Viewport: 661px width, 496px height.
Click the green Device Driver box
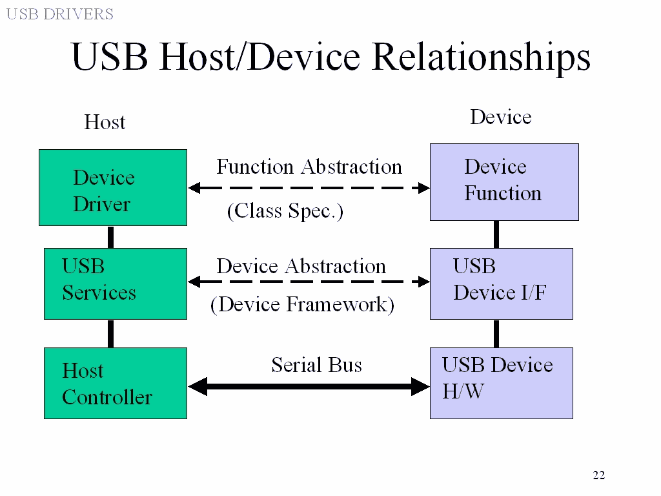[113, 187]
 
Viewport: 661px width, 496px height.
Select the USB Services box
[115, 284]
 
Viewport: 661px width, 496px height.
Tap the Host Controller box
[115, 383]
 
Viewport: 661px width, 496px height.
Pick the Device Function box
[504, 181]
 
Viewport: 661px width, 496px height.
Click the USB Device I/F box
[501, 284]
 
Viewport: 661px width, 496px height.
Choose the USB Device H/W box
[501, 383]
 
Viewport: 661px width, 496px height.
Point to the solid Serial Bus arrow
[309, 387]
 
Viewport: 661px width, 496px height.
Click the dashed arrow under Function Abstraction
[309, 188]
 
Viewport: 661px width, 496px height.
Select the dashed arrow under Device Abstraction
[309, 282]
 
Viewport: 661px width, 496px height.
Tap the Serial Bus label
[316, 365]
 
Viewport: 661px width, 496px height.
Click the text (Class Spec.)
[285, 211]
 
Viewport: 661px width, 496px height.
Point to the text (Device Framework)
[302, 304]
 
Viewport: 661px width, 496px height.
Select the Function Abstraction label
[309, 167]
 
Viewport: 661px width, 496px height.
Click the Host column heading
[105, 122]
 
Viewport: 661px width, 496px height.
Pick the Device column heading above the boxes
[500, 117]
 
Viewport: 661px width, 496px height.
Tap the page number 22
[598, 476]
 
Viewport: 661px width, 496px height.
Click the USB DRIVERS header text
[59, 14]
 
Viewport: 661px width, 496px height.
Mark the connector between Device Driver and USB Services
[110, 237]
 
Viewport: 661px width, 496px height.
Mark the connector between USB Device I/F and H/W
[496, 333]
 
